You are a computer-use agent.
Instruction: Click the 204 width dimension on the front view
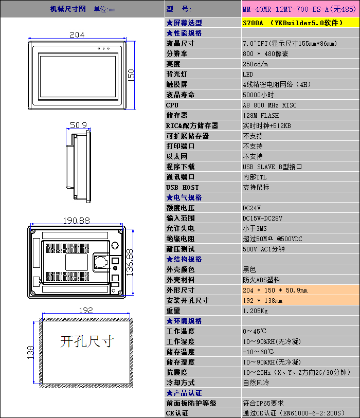click(77, 35)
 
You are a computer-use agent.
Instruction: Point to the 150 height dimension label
click(131, 76)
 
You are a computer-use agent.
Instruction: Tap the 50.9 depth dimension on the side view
click(78, 125)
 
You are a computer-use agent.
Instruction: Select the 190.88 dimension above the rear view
click(77, 221)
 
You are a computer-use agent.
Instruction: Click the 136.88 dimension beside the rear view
click(129, 263)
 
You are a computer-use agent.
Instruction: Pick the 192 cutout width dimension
click(86, 311)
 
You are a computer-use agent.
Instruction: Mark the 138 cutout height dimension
click(30, 352)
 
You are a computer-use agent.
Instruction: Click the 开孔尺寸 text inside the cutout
click(87, 341)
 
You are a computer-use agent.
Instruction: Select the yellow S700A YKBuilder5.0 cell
click(300, 23)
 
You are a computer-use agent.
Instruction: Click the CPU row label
click(172, 105)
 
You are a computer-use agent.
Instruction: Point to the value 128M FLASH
click(261, 116)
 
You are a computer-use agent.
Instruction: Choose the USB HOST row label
click(183, 188)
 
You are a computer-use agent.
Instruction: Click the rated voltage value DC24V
click(251, 208)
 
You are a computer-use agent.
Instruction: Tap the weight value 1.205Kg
click(255, 311)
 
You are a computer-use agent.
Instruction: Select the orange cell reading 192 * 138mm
click(300, 300)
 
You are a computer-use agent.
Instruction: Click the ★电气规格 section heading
click(184, 197)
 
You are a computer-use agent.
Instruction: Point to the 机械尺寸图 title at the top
click(68, 9)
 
